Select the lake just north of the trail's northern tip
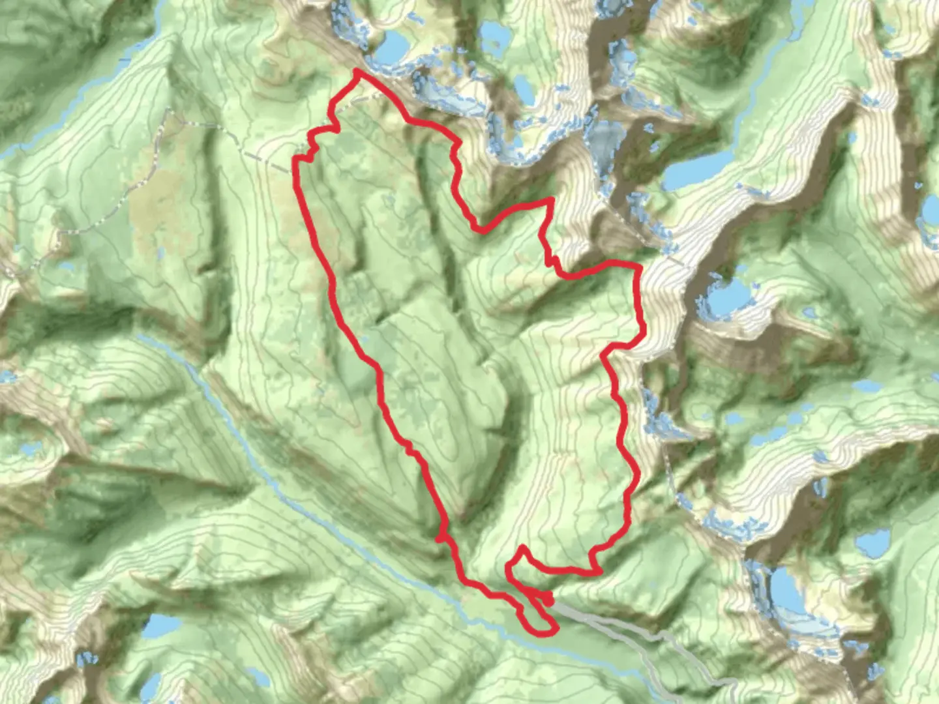point(391,46)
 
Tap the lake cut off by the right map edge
point(931,209)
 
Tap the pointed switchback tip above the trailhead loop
point(522,548)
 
